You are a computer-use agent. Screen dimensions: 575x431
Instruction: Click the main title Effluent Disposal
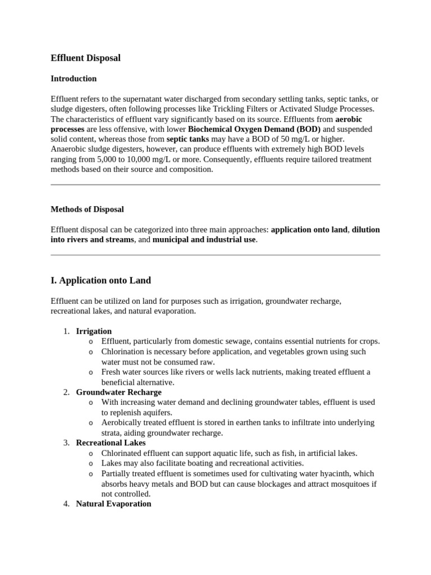85,58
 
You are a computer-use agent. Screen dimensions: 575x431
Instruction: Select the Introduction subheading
74,79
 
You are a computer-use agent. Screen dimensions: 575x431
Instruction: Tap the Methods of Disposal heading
87,209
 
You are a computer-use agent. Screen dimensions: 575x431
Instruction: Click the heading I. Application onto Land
100,280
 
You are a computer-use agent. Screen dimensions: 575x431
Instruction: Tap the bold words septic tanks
189,139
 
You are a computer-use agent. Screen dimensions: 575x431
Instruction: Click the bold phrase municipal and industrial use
204,240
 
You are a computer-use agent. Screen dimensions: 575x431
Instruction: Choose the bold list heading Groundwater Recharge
118,392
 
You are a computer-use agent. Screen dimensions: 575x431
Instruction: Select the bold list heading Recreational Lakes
111,443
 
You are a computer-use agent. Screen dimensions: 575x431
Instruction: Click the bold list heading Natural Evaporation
113,504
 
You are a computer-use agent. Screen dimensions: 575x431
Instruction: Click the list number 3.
66,443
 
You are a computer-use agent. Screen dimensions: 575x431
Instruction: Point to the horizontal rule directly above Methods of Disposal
215,184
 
